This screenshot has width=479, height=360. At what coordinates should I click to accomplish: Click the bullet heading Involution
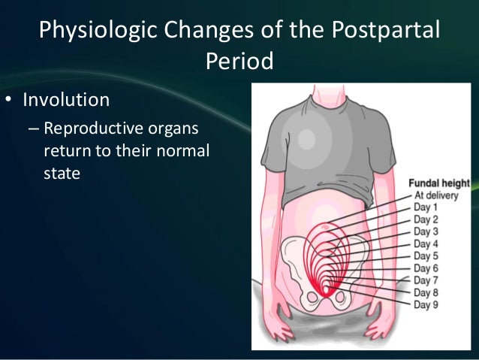coord(66,100)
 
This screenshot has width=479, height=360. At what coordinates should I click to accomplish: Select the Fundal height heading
coord(438,183)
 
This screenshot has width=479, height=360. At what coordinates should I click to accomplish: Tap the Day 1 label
coord(426,207)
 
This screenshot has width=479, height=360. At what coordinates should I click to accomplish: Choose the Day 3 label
coord(426,231)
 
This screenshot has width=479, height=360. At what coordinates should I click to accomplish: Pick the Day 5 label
coord(426,256)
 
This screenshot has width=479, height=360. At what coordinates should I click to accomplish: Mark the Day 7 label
coord(426,280)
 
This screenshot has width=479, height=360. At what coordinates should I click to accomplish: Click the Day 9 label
coord(426,304)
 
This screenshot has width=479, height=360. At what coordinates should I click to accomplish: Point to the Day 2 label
coord(426,219)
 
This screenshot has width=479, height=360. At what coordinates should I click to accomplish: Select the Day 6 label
coord(426,268)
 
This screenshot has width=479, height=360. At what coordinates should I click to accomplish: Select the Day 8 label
coord(426,292)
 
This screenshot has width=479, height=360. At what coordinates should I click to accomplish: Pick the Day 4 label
coord(426,244)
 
